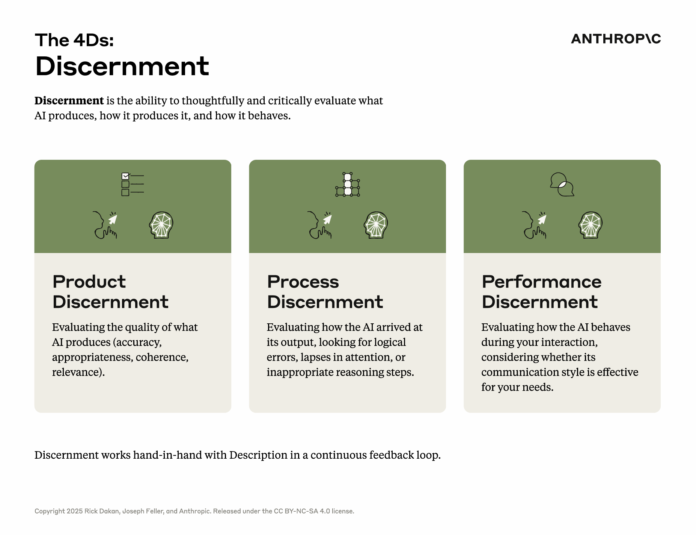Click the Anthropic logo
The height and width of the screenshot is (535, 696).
click(616, 39)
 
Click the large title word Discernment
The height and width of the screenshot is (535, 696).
click(122, 66)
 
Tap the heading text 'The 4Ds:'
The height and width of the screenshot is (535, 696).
click(74, 40)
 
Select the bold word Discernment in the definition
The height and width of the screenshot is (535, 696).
click(69, 100)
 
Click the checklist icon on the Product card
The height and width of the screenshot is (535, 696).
click(133, 184)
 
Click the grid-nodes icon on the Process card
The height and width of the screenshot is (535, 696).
click(348, 185)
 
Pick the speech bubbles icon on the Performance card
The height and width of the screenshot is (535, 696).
click(562, 184)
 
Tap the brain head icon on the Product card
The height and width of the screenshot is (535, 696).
click(161, 225)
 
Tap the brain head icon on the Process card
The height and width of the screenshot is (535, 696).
click(376, 225)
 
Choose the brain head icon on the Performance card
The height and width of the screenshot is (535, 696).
click(591, 225)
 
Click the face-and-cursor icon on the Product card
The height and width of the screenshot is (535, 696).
click(105, 225)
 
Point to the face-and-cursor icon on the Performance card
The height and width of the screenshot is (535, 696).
click(535, 225)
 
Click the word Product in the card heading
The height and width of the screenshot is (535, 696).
click(89, 282)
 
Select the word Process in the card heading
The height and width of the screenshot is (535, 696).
click(303, 282)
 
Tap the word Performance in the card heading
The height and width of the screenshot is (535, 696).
click(542, 282)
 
